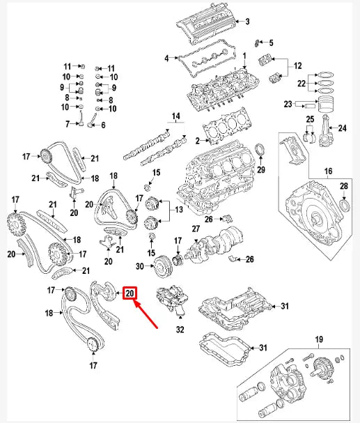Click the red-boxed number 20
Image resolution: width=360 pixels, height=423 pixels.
point(130,294)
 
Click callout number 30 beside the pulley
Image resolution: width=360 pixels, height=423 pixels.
point(140,266)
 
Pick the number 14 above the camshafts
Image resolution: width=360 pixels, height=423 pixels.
point(175,115)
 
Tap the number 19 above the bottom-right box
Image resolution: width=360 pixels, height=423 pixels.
point(320,339)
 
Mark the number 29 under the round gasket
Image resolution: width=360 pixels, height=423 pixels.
point(261,170)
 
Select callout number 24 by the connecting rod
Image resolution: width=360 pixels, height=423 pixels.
point(341,128)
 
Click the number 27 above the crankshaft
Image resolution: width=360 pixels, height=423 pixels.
point(196,228)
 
